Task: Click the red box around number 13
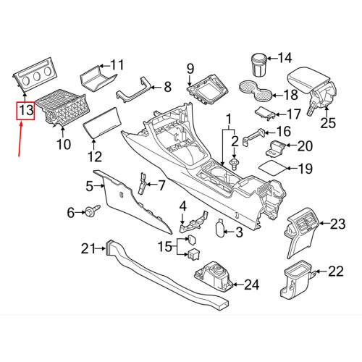(26, 111)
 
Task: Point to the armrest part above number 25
(312, 79)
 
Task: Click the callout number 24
(251, 285)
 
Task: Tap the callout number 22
(335, 271)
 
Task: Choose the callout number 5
(90, 186)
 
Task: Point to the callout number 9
(191, 69)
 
